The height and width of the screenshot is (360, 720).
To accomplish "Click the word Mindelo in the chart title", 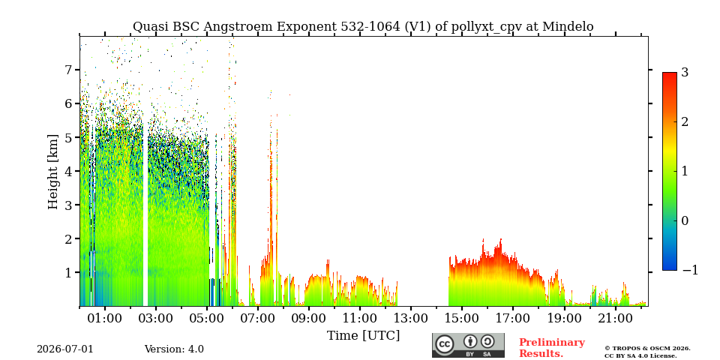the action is pos(568,27).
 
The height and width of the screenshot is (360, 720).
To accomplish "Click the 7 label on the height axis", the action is pos(68,70).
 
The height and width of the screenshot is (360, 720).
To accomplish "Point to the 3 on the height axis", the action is pos(68,205).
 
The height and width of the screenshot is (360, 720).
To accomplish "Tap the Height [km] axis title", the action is pos(53,172).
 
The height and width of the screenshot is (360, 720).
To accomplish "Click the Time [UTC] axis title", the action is pos(363,336).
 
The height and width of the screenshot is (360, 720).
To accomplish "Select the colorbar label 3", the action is pos(685,72).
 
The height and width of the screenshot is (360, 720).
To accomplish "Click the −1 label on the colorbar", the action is pos(690,270).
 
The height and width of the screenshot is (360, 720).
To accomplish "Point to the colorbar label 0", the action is pos(685,220).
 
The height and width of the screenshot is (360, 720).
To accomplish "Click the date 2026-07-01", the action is pos(65,349).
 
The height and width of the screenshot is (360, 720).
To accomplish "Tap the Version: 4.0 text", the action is pos(174,349).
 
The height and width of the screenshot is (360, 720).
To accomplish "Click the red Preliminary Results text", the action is pos(552,347).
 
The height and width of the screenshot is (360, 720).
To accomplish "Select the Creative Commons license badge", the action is pos(468,345).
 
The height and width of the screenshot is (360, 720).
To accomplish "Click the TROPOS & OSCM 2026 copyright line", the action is pos(647,349).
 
